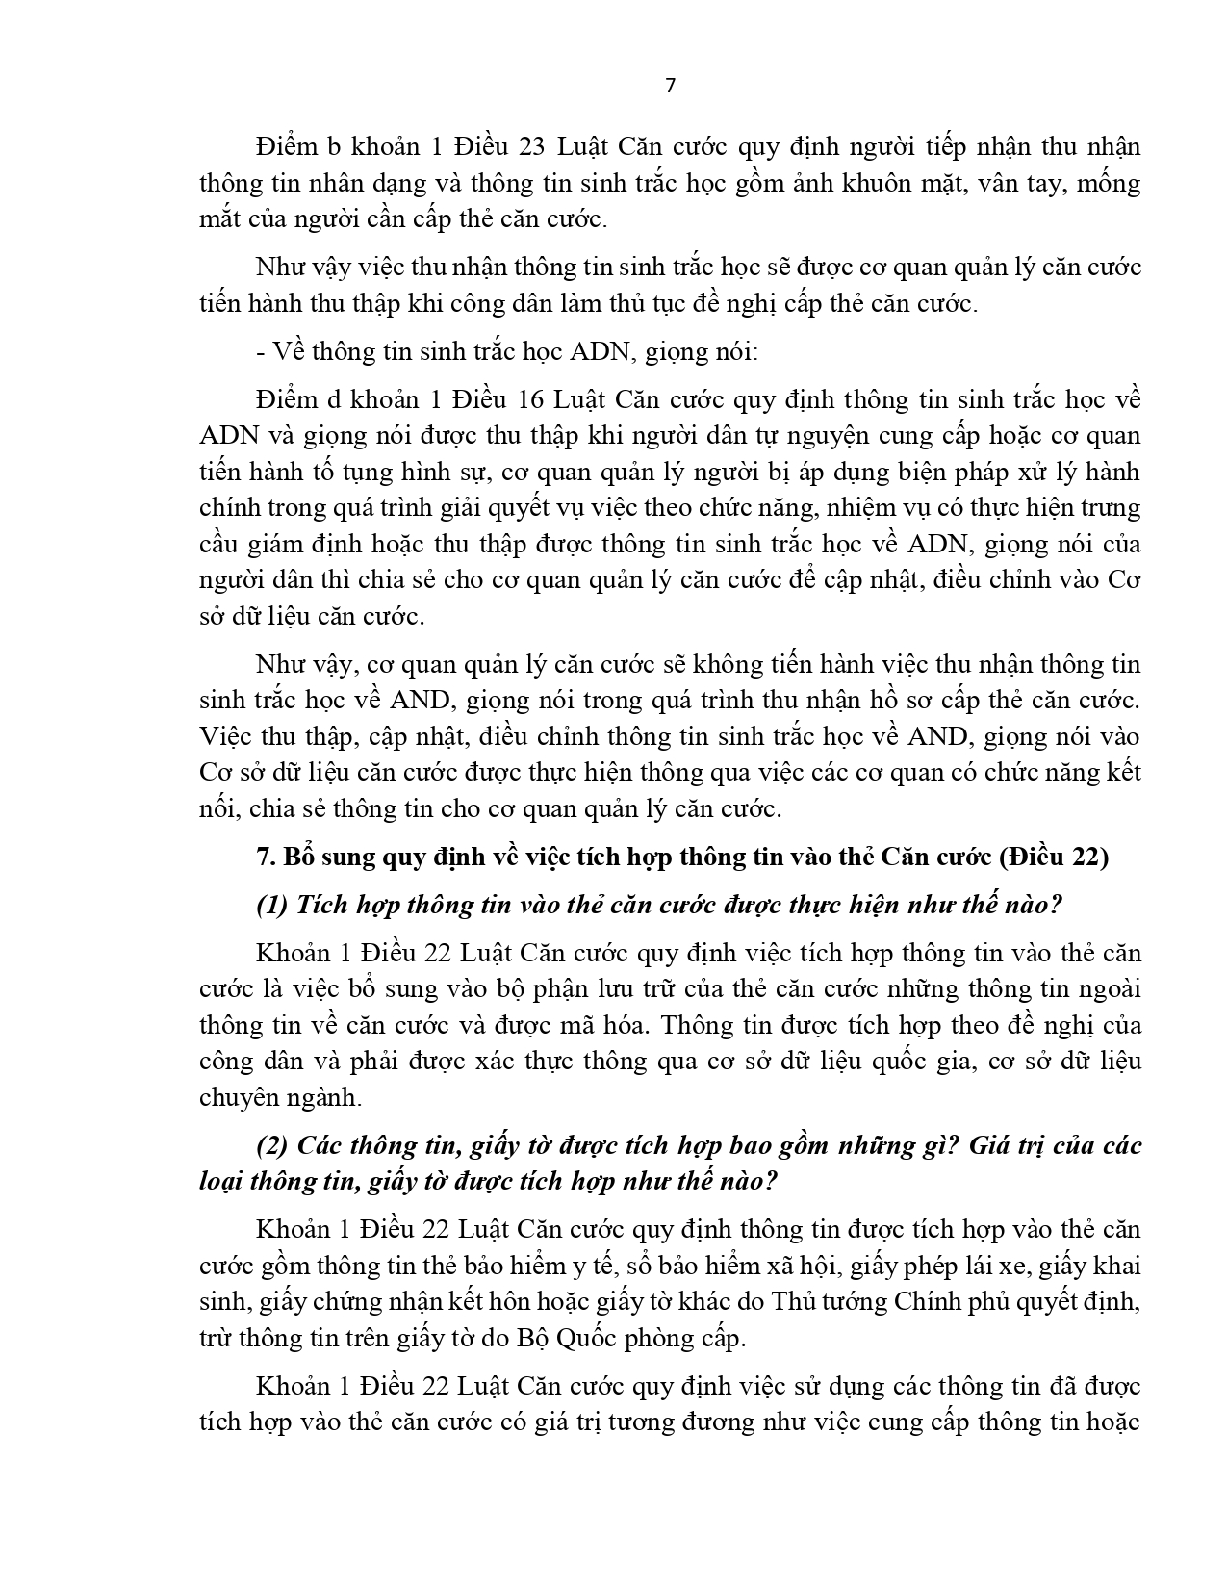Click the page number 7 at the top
(x=671, y=86)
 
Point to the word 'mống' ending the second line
(x=1109, y=184)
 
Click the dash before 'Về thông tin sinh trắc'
(x=260, y=352)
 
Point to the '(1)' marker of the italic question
(x=272, y=905)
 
